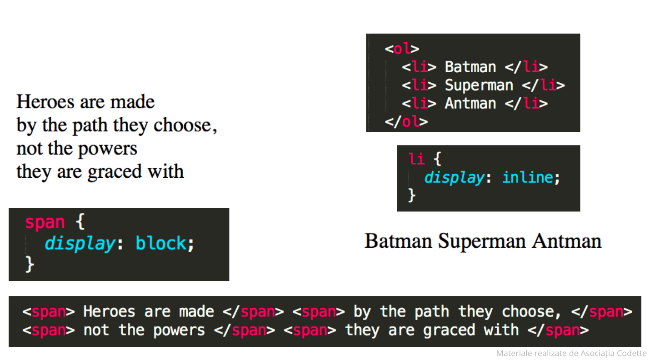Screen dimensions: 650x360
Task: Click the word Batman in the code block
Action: click(470, 67)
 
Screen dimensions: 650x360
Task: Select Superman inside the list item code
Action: click(479, 85)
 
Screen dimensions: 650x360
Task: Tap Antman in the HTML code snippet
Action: click(470, 103)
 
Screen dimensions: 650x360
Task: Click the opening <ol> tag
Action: click(402, 49)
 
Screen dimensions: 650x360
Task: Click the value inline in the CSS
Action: click(528, 177)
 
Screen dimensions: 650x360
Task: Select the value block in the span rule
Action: click(161, 244)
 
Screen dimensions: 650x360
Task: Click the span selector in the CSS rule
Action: click(45, 222)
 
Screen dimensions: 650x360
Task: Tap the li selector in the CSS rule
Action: click(417, 159)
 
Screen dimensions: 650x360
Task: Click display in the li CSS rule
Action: click(454, 177)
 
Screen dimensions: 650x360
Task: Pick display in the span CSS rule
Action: click(80, 244)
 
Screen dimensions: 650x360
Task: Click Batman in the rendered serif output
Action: click(399, 241)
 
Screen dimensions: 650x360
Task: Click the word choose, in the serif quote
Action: click(185, 125)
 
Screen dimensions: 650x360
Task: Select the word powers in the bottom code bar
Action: click(179, 330)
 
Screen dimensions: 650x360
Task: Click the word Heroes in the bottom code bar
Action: click(109, 311)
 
